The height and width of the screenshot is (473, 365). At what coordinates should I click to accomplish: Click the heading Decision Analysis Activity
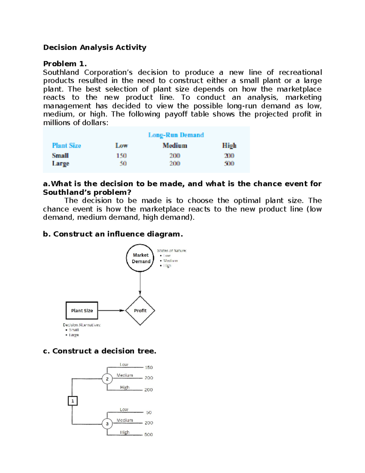tap(95, 48)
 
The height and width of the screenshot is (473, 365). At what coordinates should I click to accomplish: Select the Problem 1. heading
tap(65, 64)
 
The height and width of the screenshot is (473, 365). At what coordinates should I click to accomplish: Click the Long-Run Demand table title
tap(176, 135)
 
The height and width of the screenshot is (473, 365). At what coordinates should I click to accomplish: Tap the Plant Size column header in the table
tap(66, 146)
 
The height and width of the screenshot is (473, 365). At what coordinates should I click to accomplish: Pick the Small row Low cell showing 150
tap(121, 156)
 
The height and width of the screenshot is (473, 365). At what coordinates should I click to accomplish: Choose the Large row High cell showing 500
tap(229, 164)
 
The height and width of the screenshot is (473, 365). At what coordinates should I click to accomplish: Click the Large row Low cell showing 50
tap(123, 164)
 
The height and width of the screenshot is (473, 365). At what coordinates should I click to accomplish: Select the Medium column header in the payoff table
tap(175, 146)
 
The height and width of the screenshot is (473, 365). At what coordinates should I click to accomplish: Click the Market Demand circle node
tap(140, 258)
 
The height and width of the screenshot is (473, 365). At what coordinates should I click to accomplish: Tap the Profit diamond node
tap(140, 311)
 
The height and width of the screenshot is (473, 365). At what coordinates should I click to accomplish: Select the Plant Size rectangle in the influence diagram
tap(82, 311)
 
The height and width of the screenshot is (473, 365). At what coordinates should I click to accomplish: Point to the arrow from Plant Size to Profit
tap(111, 311)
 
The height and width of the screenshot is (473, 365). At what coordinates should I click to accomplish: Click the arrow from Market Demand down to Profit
tap(140, 283)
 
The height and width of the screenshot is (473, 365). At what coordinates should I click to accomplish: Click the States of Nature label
tap(172, 251)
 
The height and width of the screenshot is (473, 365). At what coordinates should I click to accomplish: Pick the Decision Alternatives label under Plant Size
tap(82, 325)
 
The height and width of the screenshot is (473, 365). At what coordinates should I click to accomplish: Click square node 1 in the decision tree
tap(73, 401)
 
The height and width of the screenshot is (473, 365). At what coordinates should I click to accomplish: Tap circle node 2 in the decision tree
tap(107, 379)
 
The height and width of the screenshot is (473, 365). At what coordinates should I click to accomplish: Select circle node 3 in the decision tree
tap(107, 424)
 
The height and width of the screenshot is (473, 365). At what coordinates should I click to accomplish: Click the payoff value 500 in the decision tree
tap(148, 435)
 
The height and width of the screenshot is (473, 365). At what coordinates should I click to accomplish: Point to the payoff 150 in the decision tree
tap(148, 368)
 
